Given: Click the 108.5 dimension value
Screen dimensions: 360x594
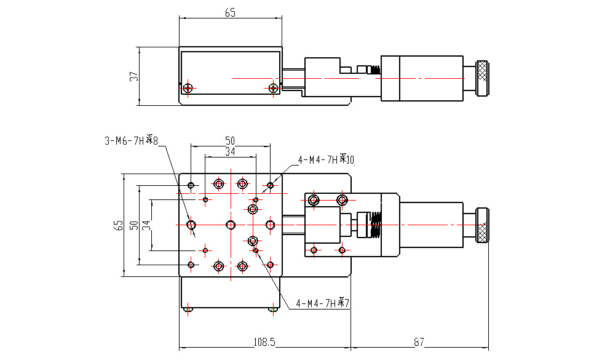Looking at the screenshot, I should click(x=264, y=342).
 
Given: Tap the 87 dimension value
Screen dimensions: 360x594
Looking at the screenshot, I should click(x=419, y=342).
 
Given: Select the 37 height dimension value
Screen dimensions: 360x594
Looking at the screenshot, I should click(x=133, y=76).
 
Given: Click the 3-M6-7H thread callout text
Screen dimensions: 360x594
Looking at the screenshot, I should click(x=131, y=141).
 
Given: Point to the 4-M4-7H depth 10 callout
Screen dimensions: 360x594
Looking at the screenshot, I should click(x=327, y=160).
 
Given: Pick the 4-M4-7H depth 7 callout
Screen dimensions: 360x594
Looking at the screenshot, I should click(x=323, y=303).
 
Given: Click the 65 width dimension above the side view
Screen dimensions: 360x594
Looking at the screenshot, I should click(x=230, y=12).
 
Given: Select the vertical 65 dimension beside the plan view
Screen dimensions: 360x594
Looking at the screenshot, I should click(x=119, y=226).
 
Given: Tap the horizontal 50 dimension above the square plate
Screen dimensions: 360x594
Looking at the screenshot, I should click(x=230, y=141).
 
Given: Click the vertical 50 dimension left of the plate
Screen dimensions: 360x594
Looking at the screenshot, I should click(x=133, y=225).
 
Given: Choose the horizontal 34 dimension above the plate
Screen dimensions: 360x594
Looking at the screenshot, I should click(x=230, y=151).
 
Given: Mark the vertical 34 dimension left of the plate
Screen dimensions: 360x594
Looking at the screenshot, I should click(x=146, y=225).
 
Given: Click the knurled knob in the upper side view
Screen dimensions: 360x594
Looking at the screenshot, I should click(x=482, y=79).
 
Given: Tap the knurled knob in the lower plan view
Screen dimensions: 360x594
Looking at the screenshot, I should click(x=483, y=225).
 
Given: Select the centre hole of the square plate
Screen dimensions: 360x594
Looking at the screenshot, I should click(x=230, y=225).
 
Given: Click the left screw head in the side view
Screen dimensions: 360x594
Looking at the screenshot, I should click(x=188, y=88).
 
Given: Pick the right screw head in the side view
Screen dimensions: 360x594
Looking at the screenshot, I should click(x=273, y=88).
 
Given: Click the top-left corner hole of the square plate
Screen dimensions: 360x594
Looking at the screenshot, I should click(x=191, y=185).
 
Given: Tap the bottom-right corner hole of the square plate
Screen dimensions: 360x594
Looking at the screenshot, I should click(x=270, y=265).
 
